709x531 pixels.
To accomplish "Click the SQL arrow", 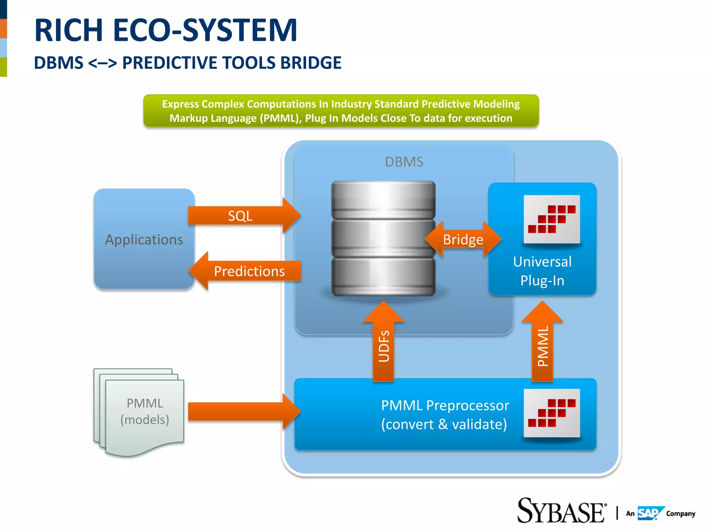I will coord(242,216).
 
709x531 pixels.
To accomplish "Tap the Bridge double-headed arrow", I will coord(463,239).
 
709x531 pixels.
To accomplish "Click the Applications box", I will coord(144,239).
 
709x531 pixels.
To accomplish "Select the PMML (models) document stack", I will coord(140,411).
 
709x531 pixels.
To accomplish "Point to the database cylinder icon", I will coord(383,239).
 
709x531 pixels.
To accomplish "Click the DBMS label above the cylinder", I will coord(404,162).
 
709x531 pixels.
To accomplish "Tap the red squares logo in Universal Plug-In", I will coord(551,219).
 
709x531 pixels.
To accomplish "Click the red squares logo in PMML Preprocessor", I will coord(551,413).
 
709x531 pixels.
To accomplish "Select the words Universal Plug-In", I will coord(542,271).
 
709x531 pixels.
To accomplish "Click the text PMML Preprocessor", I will coord(445,406).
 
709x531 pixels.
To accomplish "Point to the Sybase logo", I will coord(561,511).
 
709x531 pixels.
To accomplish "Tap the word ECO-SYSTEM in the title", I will coord(205,30).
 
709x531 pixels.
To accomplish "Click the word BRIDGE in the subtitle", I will coord(311,63).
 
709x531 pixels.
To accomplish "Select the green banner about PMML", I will coord(341,111).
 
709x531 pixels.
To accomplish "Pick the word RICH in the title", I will coord(69,30).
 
